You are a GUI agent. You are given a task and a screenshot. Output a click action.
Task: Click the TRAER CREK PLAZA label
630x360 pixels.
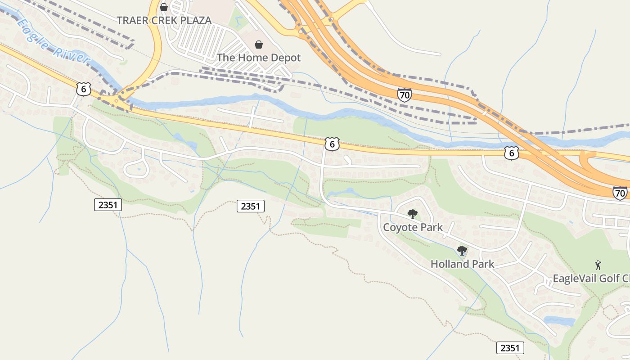click(x=164, y=20)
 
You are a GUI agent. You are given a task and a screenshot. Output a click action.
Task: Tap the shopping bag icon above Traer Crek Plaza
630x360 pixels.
click(x=164, y=7)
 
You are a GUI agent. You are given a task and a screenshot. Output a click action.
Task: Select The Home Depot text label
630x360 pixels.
click(x=259, y=58)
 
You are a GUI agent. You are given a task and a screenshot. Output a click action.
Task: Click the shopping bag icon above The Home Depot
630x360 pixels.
click(x=259, y=45)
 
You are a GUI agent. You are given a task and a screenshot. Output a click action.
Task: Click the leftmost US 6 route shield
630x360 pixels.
click(x=83, y=89)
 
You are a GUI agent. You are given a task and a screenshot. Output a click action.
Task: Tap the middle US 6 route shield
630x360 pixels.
click(x=332, y=144)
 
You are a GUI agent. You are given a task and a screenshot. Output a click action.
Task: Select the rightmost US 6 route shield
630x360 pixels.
click(x=512, y=153)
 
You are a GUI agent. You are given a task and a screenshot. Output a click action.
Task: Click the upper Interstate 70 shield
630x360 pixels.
click(x=405, y=95)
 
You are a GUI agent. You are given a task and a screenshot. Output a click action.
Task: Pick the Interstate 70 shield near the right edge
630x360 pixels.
click(x=620, y=193)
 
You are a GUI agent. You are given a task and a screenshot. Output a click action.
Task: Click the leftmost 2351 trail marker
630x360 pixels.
click(x=108, y=205)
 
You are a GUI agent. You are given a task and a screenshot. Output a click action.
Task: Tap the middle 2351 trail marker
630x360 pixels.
click(x=251, y=206)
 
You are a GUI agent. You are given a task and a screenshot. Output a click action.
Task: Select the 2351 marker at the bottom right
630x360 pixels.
click(x=510, y=348)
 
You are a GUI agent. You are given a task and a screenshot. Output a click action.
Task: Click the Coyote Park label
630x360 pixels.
click(x=413, y=227)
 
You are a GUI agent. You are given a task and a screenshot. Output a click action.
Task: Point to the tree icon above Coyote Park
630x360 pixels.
click(x=412, y=214)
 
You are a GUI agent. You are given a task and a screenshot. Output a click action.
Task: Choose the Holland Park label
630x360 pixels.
click(x=462, y=264)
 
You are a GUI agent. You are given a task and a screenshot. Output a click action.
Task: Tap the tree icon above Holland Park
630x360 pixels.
click(x=462, y=251)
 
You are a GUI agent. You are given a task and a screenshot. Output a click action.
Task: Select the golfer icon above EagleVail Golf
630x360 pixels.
click(x=598, y=265)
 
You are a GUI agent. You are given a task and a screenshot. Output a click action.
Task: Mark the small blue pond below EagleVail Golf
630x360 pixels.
click(x=559, y=321)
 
